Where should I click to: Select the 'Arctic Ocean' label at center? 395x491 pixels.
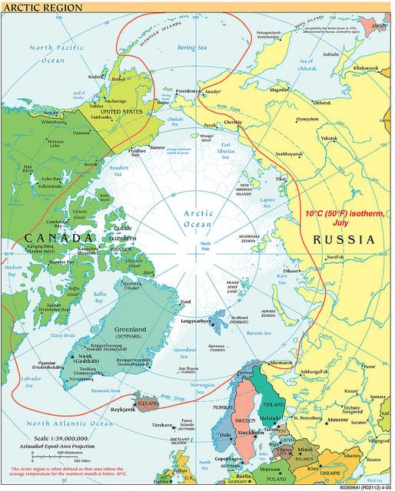[198, 218]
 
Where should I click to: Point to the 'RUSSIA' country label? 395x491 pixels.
[344, 239]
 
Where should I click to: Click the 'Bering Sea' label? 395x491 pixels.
[194, 48]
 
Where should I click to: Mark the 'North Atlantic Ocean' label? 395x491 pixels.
[70, 423]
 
